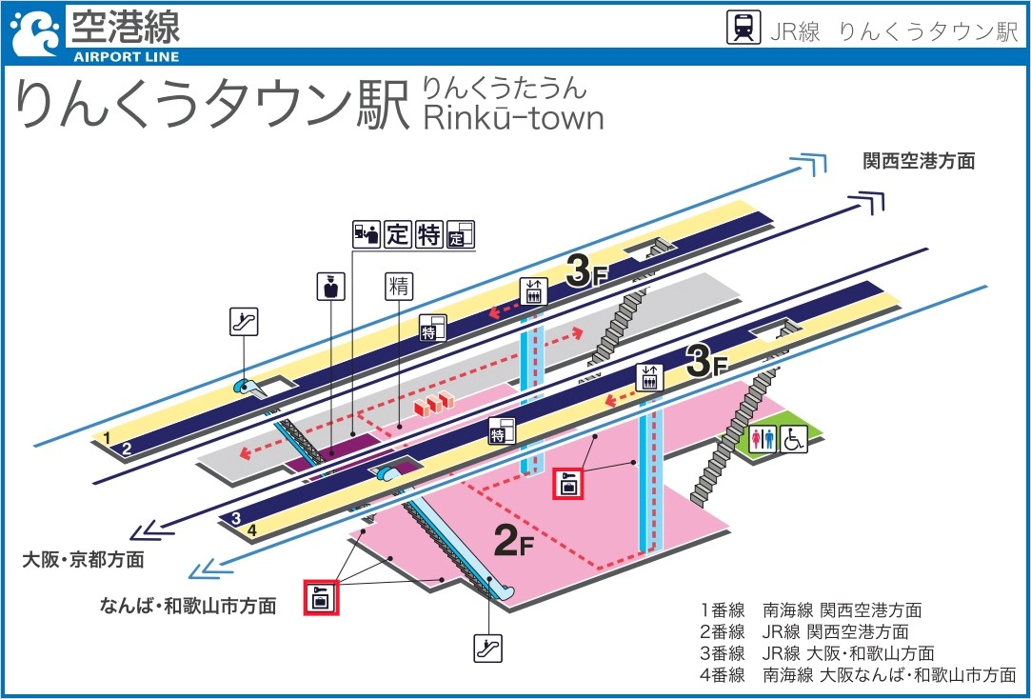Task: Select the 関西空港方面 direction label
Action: click(x=919, y=161)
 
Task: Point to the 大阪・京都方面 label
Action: click(x=84, y=559)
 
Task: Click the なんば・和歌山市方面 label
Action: click(x=188, y=605)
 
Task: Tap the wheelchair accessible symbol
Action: click(x=795, y=439)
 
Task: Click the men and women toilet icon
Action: click(x=764, y=439)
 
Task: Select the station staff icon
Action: click(x=330, y=288)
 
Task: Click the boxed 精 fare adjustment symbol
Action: click(x=398, y=287)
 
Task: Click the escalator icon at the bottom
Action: click(x=487, y=649)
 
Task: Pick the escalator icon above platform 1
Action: click(x=245, y=322)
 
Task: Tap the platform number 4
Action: click(x=252, y=530)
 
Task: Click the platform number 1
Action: click(x=108, y=437)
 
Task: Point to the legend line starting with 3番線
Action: click(x=817, y=653)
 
